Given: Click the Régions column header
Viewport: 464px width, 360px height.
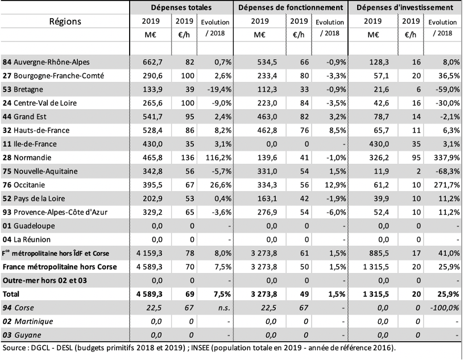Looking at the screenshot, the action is tap(65, 21).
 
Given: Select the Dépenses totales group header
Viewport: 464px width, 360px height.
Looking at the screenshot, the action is tap(181, 7).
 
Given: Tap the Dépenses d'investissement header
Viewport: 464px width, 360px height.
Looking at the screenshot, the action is tap(404, 7).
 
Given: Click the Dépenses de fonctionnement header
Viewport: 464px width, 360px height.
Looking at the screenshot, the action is tap(291, 7).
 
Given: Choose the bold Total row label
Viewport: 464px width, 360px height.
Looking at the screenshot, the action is tap(11, 294).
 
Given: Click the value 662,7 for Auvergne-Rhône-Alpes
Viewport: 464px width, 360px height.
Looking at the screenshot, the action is tap(153, 62).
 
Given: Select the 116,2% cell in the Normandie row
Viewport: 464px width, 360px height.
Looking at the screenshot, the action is tap(218, 158).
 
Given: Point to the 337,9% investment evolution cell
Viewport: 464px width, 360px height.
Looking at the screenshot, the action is tap(447, 158).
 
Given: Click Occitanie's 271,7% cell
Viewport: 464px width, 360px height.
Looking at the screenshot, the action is tap(447, 185).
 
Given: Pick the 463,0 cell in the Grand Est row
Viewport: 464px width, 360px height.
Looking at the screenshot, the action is tap(267, 117).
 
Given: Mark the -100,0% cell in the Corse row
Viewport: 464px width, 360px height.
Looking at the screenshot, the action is tap(445, 308).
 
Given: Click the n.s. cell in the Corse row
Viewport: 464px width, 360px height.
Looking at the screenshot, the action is tap(224, 308).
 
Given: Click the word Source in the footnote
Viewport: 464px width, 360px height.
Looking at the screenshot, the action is tap(14, 348).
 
